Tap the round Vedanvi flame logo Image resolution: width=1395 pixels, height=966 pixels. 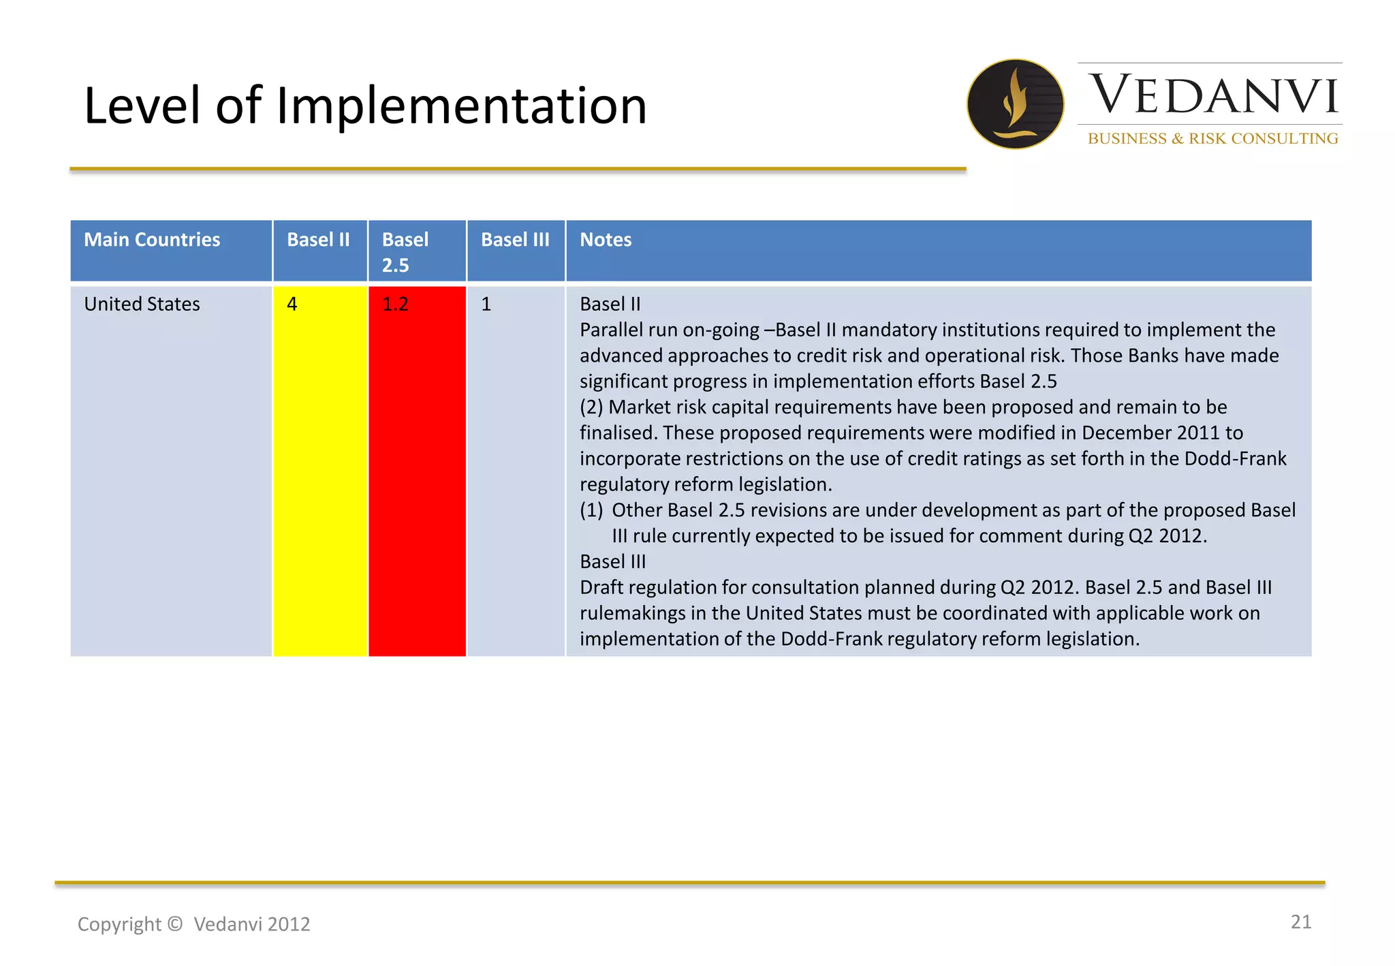pyautogui.click(x=1015, y=104)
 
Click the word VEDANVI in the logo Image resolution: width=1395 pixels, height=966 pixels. pyautogui.click(x=1213, y=95)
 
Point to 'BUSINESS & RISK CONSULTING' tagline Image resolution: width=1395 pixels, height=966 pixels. pyautogui.click(x=1212, y=138)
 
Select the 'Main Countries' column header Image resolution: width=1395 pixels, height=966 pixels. pyautogui.click(x=152, y=240)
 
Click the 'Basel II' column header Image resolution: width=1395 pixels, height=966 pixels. pyautogui.click(x=318, y=240)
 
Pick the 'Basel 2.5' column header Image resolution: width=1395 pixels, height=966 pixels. pyautogui.click(x=405, y=252)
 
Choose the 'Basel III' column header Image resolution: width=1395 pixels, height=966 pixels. pyautogui.click(x=515, y=240)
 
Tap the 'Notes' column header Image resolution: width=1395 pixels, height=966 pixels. pyautogui.click(x=606, y=240)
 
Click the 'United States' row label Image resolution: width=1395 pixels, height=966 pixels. pyautogui.click(x=142, y=304)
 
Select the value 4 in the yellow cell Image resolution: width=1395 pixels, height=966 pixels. pyautogui.click(x=292, y=304)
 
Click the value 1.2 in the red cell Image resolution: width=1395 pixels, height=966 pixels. pyautogui.click(x=395, y=304)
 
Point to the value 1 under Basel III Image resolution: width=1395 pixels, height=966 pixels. pyautogui.click(x=486, y=304)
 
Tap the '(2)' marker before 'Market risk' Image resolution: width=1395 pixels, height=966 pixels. pyautogui.click(x=591, y=407)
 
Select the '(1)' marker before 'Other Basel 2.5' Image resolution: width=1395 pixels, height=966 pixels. pyautogui.click(x=591, y=510)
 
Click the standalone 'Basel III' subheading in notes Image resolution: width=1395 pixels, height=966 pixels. pyautogui.click(x=612, y=561)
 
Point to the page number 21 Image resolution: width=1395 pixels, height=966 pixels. pyautogui.click(x=1300, y=922)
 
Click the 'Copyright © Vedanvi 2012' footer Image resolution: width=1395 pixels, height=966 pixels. pyautogui.click(x=193, y=924)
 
